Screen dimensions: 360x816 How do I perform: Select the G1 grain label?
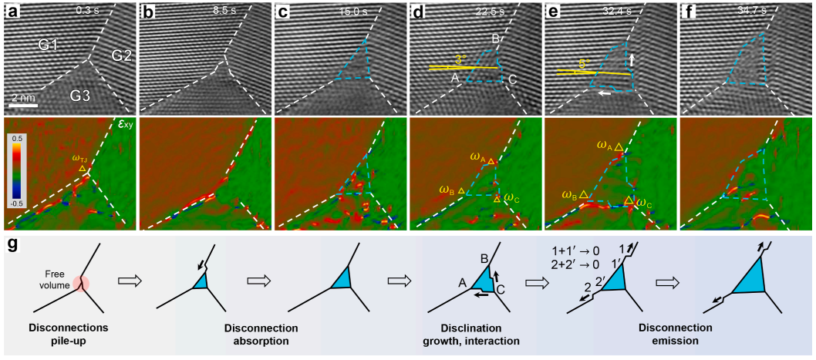[x=49, y=45]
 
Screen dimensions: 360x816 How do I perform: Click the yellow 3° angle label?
[x=460, y=59]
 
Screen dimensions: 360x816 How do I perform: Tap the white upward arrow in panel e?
[x=632, y=58]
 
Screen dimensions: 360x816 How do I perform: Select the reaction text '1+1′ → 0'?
[x=571, y=251]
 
